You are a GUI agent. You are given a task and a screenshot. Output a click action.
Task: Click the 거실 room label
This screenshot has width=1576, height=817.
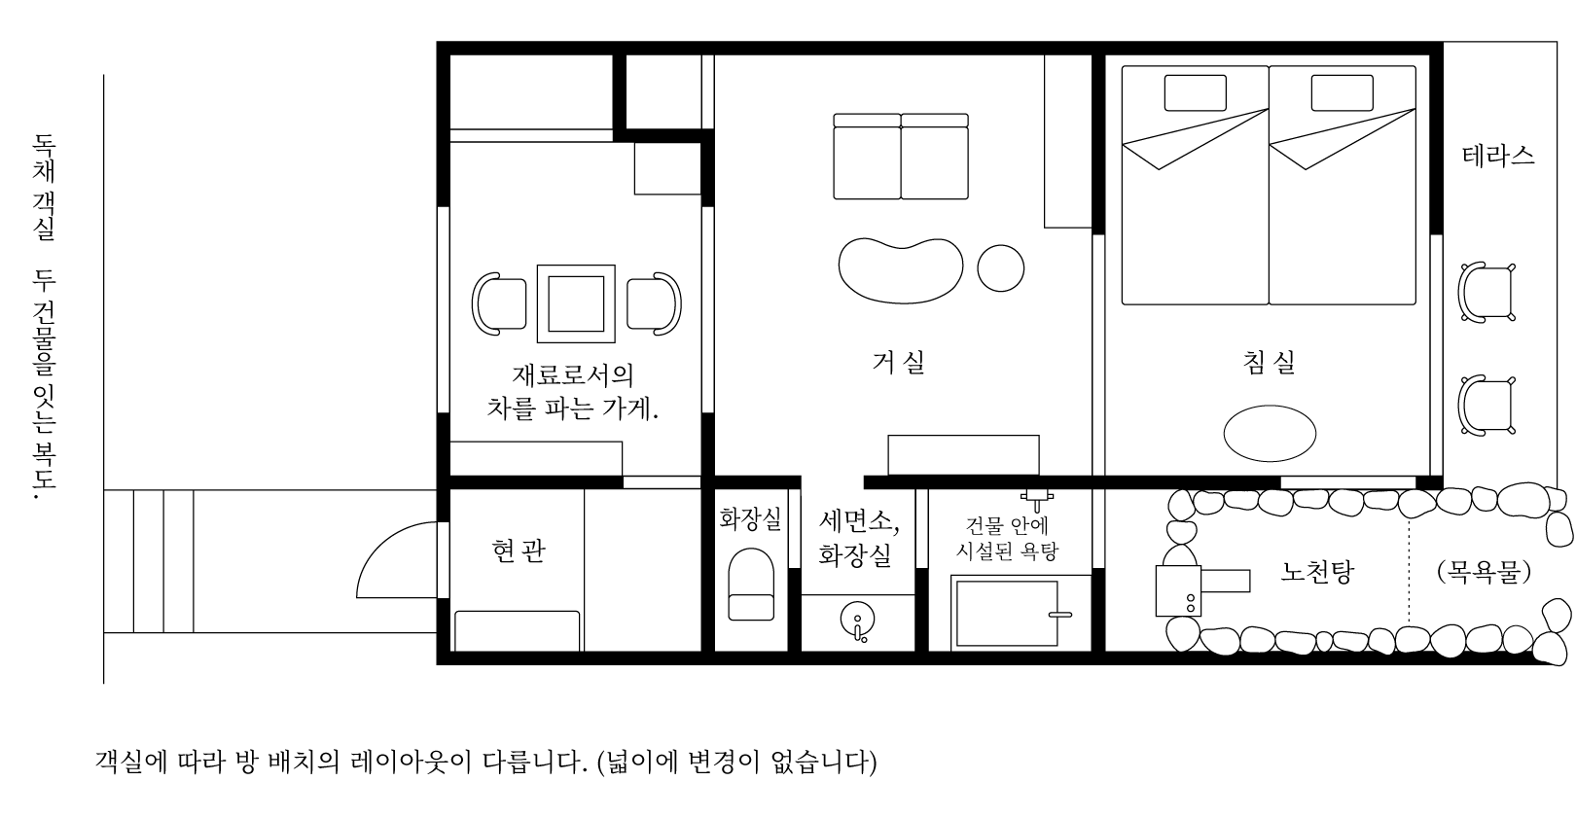[898, 363]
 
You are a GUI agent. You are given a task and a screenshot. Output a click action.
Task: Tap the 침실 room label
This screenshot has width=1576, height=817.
[1269, 363]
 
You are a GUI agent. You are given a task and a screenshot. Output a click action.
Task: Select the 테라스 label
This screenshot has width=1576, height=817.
[1498, 156]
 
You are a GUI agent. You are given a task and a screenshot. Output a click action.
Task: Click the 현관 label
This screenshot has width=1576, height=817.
[519, 551]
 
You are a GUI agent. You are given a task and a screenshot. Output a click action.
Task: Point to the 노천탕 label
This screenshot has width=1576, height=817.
[1316, 572]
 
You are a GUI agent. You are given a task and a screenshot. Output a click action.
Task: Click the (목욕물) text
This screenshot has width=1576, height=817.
[1484, 572]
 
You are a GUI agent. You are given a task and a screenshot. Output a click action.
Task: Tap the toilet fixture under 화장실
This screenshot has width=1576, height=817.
[751, 584]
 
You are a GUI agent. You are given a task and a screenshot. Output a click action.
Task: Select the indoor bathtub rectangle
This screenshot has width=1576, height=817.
[1006, 613]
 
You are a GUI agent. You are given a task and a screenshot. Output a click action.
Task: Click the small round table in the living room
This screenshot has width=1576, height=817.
[1000, 266]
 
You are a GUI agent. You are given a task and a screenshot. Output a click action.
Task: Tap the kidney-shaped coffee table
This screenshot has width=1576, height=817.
[900, 267]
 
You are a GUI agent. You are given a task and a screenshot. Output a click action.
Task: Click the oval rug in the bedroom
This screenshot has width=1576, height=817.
[1270, 434]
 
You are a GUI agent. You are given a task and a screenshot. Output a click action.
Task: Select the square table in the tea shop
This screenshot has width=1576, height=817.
[577, 303]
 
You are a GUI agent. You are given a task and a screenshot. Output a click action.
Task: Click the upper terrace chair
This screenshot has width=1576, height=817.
[1486, 292]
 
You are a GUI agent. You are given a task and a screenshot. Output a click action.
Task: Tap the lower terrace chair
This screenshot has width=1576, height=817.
[1486, 404]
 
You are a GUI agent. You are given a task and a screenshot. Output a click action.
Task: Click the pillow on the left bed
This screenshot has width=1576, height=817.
[1195, 93]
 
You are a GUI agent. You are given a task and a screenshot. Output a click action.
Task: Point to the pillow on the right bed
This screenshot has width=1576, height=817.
[1342, 93]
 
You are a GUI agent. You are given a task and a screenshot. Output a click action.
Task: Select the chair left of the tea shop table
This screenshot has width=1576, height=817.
[498, 304]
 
